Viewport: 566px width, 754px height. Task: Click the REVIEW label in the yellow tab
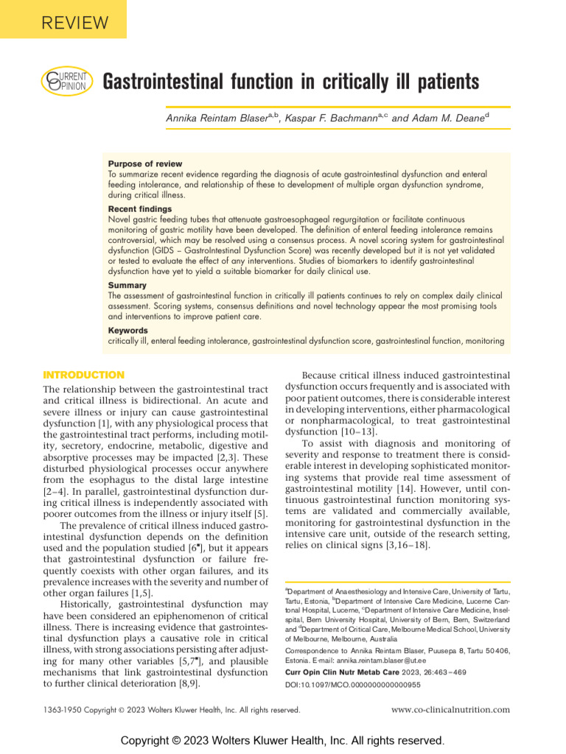(x=64, y=23)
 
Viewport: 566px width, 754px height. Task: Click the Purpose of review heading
(x=145, y=163)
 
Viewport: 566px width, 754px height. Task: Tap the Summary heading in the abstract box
(x=127, y=285)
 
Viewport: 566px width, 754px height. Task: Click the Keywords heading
(x=128, y=331)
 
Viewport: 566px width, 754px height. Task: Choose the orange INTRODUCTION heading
(x=84, y=375)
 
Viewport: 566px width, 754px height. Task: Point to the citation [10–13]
(x=355, y=432)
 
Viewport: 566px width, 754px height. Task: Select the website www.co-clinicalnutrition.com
(x=450, y=710)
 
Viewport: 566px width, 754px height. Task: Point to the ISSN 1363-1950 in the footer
(x=64, y=710)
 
